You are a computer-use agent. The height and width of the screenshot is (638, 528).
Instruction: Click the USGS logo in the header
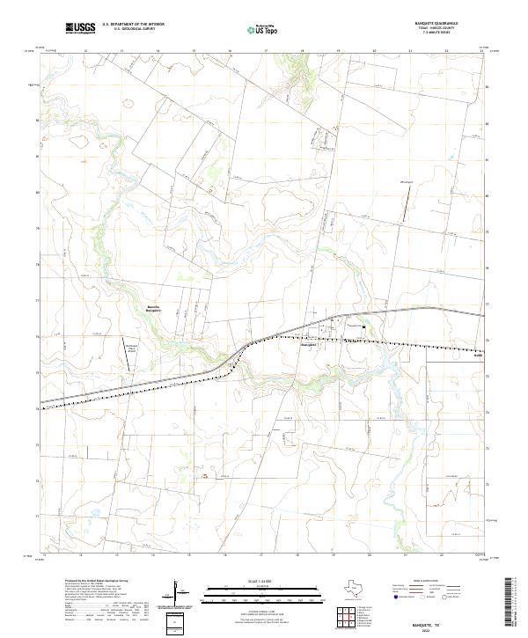[80, 28]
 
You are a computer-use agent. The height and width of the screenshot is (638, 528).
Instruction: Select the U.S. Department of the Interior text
[133, 25]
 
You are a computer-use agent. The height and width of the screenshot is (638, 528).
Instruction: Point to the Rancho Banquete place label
[152, 308]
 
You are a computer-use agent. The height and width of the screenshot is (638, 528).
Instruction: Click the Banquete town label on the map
[308, 344]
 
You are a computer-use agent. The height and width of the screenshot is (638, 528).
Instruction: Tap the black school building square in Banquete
[346, 324]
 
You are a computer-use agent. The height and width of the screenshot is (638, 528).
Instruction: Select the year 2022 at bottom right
[430, 629]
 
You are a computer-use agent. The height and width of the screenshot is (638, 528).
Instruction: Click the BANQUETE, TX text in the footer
[429, 623]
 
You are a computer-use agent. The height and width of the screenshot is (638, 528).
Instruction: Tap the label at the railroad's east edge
[478, 356]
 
